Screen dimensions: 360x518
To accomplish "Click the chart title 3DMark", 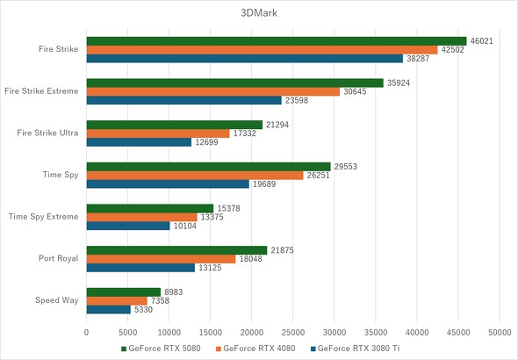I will click(x=258, y=13).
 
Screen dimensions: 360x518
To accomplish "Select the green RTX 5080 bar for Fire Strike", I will click(x=277, y=40).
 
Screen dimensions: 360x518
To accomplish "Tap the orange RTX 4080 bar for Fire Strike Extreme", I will click(x=213, y=91).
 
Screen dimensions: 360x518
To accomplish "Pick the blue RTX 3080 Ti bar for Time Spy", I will click(x=168, y=184).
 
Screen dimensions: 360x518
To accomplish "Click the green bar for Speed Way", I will click(x=124, y=292).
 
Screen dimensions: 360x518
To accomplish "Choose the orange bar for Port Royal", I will click(x=162, y=259).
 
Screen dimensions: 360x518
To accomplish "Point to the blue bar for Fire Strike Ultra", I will click(x=139, y=141).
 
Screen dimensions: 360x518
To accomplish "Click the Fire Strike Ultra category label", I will click(x=48, y=133).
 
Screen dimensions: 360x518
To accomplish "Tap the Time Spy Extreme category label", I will click(x=44, y=216).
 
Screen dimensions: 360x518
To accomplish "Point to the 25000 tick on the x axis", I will click(x=293, y=333).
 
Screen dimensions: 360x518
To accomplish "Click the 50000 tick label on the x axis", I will click(x=500, y=333).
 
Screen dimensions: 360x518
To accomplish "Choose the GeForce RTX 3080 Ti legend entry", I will click(x=356, y=349).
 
